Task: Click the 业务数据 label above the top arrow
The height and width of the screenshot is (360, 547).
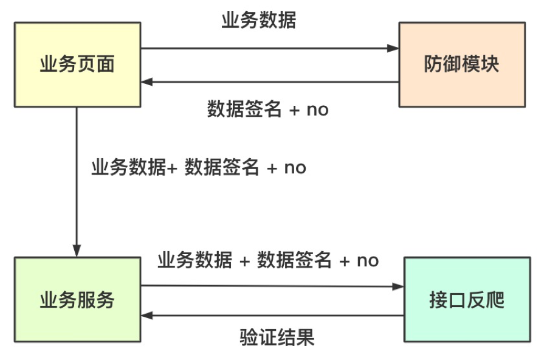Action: coord(258,21)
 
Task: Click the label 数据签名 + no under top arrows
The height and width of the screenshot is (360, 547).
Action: coord(267,109)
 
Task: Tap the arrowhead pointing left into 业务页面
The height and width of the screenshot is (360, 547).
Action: coord(147,81)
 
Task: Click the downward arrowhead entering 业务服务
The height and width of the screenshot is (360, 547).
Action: coord(77,250)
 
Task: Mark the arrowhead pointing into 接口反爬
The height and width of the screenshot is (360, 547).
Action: coord(398,286)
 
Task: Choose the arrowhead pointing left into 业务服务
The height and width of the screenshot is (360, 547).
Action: coord(147,316)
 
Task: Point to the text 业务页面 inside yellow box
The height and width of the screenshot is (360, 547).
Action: coord(77,64)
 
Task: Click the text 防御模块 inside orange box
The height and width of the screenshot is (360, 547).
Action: coord(462,64)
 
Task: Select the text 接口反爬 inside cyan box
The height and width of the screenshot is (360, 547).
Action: coord(467,300)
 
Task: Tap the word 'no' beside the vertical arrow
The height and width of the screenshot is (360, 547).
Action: coord(295,167)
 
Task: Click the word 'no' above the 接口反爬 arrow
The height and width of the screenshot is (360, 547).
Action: coord(368,260)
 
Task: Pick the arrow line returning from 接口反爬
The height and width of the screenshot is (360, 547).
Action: coord(273,316)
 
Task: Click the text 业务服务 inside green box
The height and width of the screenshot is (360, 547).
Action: coord(77,300)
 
